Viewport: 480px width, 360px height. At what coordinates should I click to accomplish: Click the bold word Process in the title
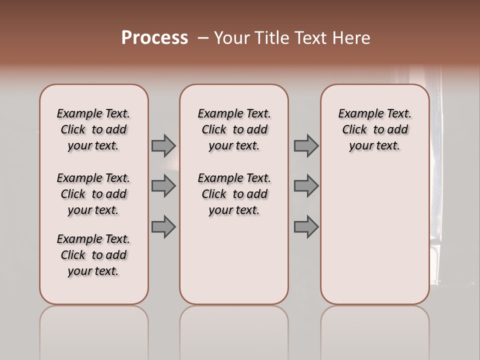tap(154, 38)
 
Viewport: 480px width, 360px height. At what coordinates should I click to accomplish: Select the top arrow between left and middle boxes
tap(163, 145)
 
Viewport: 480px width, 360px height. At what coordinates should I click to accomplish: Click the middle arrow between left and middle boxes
tap(163, 186)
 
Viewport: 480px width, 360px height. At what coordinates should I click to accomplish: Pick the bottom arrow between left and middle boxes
tap(163, 226)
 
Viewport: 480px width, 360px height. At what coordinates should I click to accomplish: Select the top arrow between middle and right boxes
tap(306, 145)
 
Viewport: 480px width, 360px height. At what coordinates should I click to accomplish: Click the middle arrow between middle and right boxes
tap(306, 186)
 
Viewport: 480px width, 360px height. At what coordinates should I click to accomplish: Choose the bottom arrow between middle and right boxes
tap(306, 226)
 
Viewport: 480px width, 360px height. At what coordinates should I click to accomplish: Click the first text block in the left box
tap(93, 129)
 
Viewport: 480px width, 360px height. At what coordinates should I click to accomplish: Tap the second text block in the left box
tap(93, 194)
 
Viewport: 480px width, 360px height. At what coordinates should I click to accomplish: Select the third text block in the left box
tap(93, 255)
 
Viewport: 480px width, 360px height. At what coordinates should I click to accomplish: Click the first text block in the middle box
tap(234, 129)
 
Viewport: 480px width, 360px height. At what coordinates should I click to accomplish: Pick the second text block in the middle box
tap(234, 194)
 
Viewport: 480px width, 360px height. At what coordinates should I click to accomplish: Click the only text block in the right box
tap(374, 129)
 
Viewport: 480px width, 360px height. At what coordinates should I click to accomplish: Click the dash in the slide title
tap(202, 38)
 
